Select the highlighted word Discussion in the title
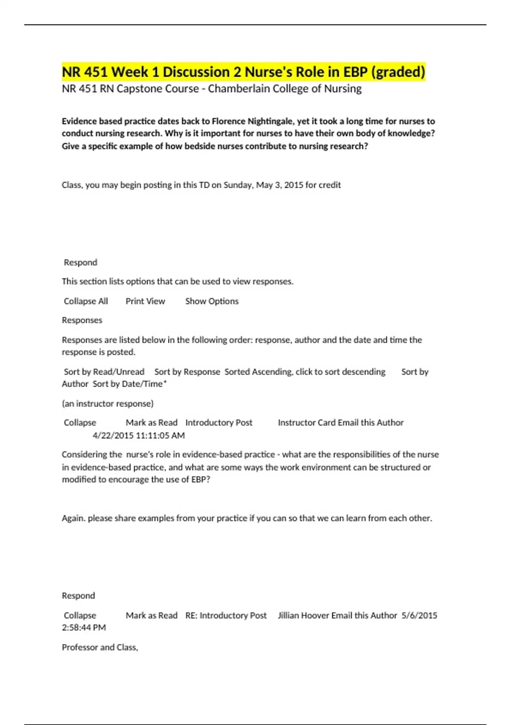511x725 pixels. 196,72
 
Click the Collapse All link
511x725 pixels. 86,301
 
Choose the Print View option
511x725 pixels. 145,301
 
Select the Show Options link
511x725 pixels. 212,301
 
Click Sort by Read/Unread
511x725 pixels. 104,372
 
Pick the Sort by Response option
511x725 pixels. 187,372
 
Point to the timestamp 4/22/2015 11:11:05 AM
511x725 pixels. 138,435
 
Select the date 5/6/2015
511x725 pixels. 419,615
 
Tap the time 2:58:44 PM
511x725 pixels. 84,627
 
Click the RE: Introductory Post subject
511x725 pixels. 226,615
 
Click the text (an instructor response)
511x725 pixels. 108,403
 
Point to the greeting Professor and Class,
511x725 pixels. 100,647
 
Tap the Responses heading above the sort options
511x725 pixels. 82,320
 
